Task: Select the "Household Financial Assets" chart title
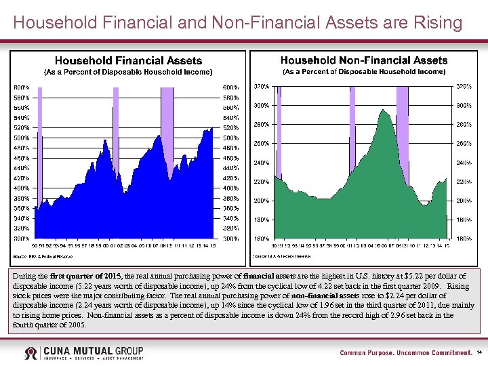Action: pyautogui.click(x=128, y=61)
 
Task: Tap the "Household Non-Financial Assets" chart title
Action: pyautogui.click(x=364, y=61)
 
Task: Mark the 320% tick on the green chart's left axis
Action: pyautogui.click(x=261, y=86)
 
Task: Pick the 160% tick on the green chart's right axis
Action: pyautogui.click(x=463, y=239)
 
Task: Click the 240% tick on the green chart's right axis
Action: pyautogui.click(x=463, y=163)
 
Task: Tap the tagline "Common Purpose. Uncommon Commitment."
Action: pyautogui.click(x=405, y=353)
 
